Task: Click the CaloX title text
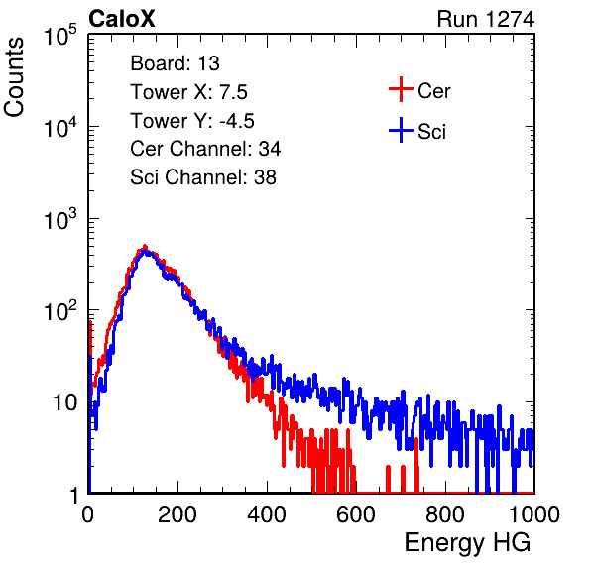(x=121, y=19)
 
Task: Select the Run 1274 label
(x=486, y=19)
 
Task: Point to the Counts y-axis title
(x=14, y=77)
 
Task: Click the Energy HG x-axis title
(x=467, y=543)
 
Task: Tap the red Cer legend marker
(x=401, y=89)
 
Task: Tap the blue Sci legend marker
(x=401, y=130)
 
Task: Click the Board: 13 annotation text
(x=175, y=63)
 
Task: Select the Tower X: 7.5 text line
(x=188, y=92)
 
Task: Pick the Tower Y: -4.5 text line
(x=192, y=121)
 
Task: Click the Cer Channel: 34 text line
(x=205, y=149)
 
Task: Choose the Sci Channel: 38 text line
(x=203, y=177)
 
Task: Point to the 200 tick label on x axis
(x=177, y=514)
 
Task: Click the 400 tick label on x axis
(x=267, y=514)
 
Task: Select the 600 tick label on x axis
(x=356, y=514)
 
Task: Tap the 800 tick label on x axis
(x=445, y=514)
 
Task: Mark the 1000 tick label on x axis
(x=534, y=514)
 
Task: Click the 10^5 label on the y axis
(x=60, y=36)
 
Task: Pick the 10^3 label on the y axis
(x=60, y=219)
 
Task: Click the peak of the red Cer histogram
(x=145, y=246)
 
